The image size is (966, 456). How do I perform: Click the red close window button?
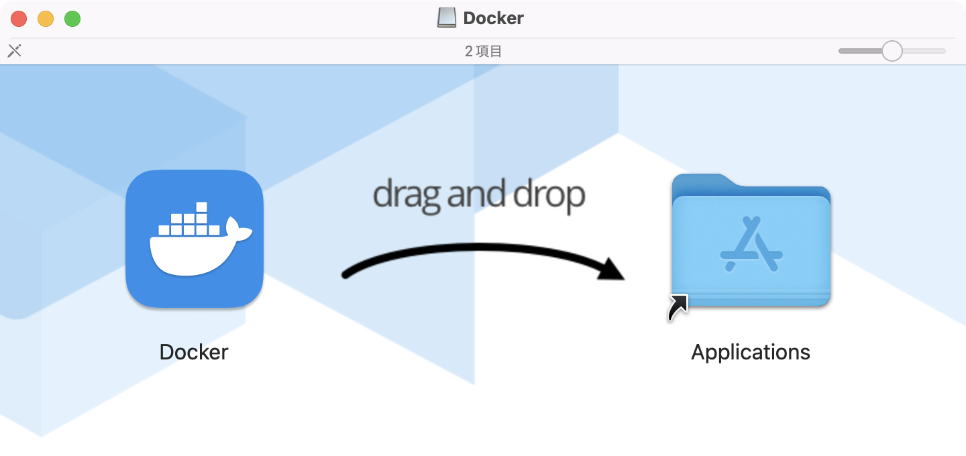(19, 19)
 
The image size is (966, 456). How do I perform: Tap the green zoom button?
(72, 19)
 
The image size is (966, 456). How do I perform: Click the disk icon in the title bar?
(446, 18)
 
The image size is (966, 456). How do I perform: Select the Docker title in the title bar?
(493, 18)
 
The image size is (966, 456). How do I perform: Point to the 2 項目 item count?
(483, 52)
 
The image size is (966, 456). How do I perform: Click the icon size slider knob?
(892, 51)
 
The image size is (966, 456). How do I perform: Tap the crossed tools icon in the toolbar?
(15, 51)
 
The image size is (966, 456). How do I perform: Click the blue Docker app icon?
(195, 239)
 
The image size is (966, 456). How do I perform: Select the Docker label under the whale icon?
(194, 352)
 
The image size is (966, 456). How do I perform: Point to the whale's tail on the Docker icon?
(238, 230)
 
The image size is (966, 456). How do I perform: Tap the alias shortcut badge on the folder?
(678, 307)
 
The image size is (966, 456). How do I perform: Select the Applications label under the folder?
(751, 352)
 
